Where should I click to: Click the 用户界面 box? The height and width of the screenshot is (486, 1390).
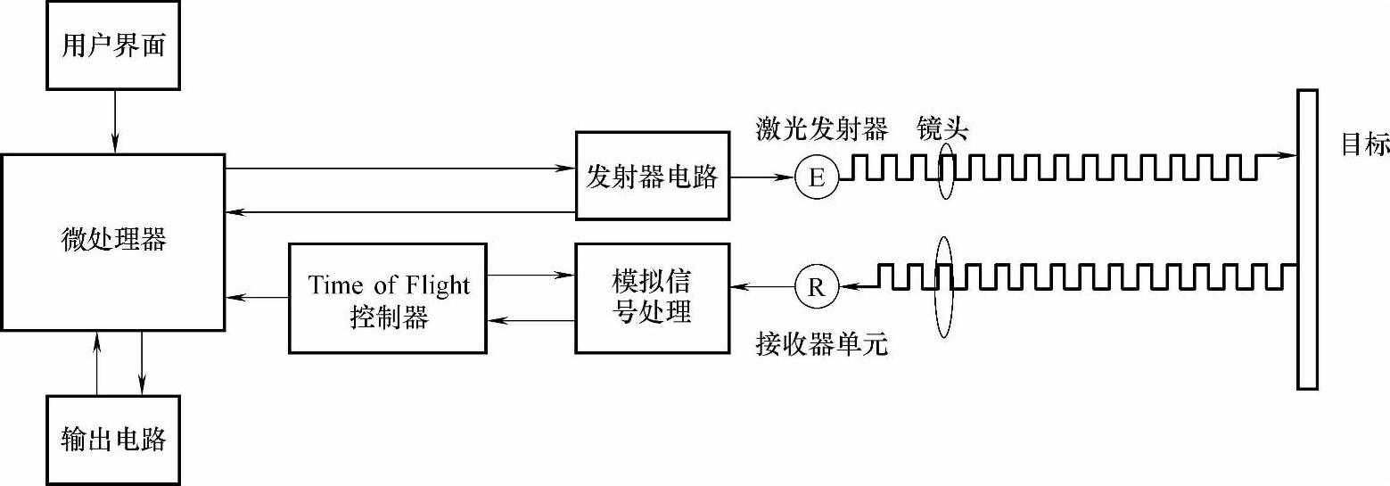point(113,45)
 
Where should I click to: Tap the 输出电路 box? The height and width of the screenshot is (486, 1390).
point(113,439)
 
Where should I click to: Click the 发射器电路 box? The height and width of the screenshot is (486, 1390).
point(652,176)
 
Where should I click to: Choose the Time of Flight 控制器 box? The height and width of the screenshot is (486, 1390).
point(388,298)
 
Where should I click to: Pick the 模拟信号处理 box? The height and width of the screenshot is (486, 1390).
point(652,298)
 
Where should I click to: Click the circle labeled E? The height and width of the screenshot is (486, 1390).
point(816,177)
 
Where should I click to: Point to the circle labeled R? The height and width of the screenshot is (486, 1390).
point(816,286)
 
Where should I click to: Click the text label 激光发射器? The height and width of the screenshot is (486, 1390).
point(821,131)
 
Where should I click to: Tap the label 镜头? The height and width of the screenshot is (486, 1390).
point(942,131)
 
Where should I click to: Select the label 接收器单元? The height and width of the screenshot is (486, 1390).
point(821,344)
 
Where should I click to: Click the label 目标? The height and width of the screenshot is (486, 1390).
point(1365,145)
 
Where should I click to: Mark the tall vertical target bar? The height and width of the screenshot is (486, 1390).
point(1307,239)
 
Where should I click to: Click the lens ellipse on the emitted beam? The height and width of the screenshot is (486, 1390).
point(947,174)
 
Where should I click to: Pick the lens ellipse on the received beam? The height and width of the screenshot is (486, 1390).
point(944,285)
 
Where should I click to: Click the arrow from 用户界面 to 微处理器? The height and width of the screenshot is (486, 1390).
point(113,121)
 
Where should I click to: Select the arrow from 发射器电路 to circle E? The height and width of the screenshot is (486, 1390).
point(761,177)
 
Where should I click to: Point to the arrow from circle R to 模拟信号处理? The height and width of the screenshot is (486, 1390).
point(761,286)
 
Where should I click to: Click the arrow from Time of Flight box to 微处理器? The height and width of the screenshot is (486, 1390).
point(257,297)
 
